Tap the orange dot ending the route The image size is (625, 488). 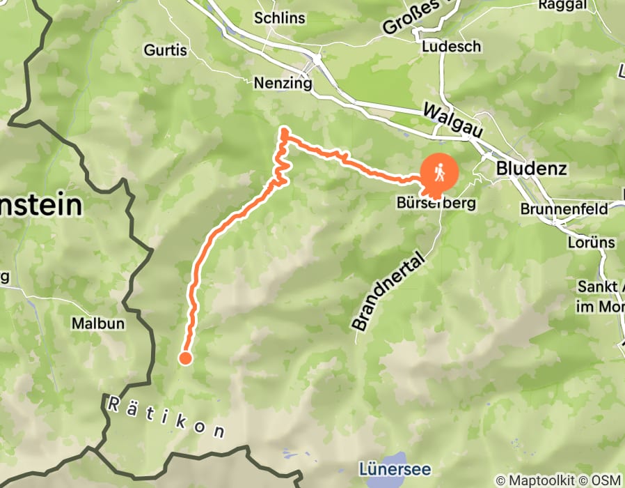click(x=185, y=358)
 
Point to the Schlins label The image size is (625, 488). click(x=279, y=18)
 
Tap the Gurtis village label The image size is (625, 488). click(x=166, y=50)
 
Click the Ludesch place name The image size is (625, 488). click(x=451, y=47)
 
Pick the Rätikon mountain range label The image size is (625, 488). click(x=166, y=417)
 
